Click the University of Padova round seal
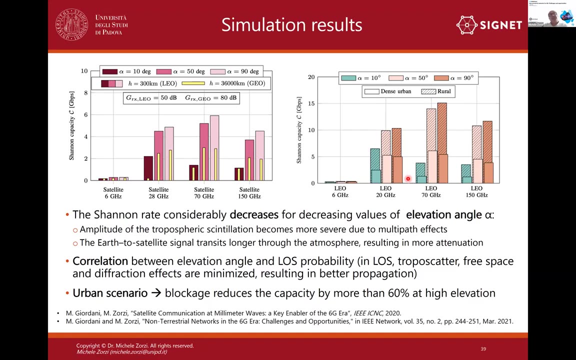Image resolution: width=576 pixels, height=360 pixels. coord(72,24)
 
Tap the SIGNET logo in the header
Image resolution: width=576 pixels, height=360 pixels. coord(489,25)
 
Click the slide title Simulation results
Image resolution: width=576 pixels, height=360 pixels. coord(291,24)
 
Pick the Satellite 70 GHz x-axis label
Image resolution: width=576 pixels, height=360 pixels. coord(204,192)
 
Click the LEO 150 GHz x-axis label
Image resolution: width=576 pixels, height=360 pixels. coord(476,191)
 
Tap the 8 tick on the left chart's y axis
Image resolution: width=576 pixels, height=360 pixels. coord(84,93)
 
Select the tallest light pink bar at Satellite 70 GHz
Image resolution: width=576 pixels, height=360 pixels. coord(214,147)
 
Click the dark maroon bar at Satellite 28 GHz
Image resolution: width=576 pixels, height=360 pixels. coord(148,168)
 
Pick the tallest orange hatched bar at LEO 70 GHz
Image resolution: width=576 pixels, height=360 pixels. coord(442,142)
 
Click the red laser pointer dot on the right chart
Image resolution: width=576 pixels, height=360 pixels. coord(408,178)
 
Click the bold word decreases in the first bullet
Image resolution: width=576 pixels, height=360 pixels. coord(253,214)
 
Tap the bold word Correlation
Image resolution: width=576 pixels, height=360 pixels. coord(100,261)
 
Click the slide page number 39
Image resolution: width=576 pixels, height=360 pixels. coord(483,349)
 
